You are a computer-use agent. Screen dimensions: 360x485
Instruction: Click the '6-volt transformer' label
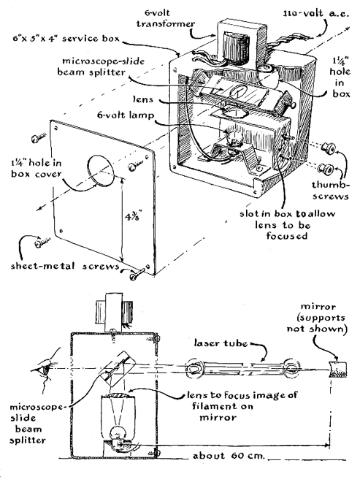166,18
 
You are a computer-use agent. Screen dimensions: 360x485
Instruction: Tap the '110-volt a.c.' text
316,14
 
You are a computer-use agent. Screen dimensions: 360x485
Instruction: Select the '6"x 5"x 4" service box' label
66,39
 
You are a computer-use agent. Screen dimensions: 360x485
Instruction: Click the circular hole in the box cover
101,170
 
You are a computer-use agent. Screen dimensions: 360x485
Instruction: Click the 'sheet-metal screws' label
65,266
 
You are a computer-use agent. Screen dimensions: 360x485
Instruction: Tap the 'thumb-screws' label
330,190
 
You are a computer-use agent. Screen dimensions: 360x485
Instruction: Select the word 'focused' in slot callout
287,236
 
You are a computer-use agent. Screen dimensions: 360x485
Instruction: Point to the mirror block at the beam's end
338,369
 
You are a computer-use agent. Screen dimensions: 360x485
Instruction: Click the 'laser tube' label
221,343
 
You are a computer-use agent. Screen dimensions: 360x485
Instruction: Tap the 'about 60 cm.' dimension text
229,456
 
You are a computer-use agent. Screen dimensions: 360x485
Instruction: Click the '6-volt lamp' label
126,115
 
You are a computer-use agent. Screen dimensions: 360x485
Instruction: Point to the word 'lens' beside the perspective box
143,99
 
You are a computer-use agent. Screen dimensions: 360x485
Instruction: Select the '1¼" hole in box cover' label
37,168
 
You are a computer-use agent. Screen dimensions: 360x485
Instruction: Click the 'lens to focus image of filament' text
242,400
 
